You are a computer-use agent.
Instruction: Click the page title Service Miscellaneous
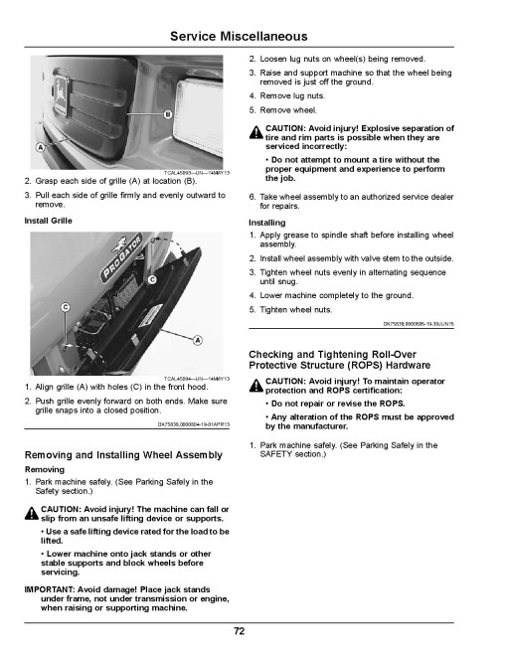tap(239, 37)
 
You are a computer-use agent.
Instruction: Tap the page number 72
tap(239, 631)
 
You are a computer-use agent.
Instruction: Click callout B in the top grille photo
tap(168, 114)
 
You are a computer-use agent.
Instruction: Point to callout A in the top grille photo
tap(40, 147)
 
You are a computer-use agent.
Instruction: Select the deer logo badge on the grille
tap(62, 94)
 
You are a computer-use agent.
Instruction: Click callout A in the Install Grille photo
tap(198, 340)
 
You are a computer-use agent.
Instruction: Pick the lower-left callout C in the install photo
tap(66, 307)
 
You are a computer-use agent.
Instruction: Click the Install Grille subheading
tap(48, 221)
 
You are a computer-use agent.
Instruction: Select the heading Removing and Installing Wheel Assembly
tap(123, 455)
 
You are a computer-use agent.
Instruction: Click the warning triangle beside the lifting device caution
tap(32, 513)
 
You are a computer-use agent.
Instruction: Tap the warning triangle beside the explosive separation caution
tap(256, 132)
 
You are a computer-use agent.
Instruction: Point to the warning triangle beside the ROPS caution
tap(256, 386)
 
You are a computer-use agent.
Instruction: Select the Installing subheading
tap(266, 223)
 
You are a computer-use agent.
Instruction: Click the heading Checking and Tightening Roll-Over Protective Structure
tap(340, 360)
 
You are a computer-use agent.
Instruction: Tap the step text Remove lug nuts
tap(292, 95)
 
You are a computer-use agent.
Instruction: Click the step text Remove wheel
tap(288, 110)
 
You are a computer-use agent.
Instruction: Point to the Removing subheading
tap(45, 469)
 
